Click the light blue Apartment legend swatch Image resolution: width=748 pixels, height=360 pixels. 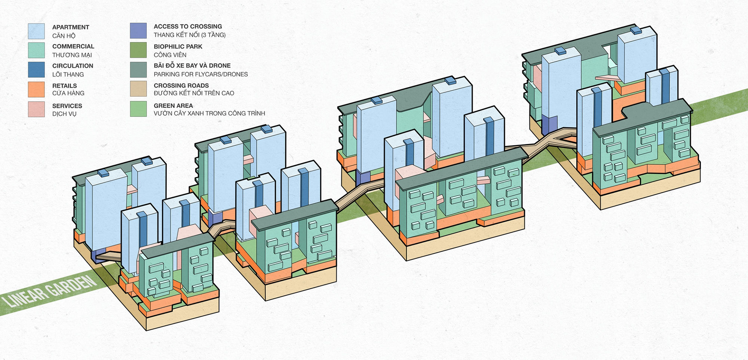[x=36, y=31]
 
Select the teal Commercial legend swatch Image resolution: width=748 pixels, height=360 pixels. [x=36, y=51]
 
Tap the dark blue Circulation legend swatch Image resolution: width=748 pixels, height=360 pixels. [x=36, y=70]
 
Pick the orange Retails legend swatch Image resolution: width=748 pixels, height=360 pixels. [x=36, y=89]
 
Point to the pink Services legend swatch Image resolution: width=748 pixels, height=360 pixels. [x=36, y=109]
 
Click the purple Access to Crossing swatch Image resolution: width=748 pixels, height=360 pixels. [x=138, y=30]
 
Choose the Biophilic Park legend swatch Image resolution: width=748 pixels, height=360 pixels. [x=138, y=50]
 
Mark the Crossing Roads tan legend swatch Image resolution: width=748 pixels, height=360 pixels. [x=138, y=89]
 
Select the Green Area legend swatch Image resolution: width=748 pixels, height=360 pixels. [x=138, y=109]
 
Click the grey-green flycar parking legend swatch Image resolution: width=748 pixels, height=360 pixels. [x=138, y=70]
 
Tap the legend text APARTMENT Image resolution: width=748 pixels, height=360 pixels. [x=71, y=27]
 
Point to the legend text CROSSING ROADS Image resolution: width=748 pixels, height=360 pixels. [x=181, y=85]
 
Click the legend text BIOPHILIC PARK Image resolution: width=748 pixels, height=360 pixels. [x=178, y=46]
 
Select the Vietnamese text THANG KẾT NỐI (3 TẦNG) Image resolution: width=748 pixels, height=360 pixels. [x=189, y=35]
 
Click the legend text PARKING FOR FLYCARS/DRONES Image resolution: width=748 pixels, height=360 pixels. [x=201, y=74]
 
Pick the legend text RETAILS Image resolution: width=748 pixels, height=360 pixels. [x=64, y=86]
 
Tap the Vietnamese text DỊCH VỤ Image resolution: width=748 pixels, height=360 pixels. [x=64, y=114]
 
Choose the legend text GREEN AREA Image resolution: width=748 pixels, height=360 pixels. [x=173, y=106]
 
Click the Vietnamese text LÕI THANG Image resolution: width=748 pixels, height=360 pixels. [x=68, y=74]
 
